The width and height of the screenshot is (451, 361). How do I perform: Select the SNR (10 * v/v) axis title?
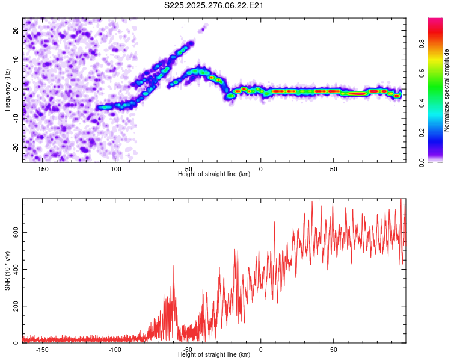tap(7, 271)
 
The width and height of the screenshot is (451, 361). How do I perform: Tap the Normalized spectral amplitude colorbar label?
tap(447, 90)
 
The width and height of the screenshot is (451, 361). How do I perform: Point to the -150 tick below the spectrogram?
tap(42, 169)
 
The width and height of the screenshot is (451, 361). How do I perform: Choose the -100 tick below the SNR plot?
tap(115, 350)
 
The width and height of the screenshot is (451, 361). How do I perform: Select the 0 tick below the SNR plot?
tap(260, 350)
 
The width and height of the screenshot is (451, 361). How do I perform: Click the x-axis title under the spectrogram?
tap(215, 174)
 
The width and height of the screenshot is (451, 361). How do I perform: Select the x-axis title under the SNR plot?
tap(215, 355)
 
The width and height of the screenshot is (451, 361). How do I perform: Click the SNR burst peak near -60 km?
tap(173, 266)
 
